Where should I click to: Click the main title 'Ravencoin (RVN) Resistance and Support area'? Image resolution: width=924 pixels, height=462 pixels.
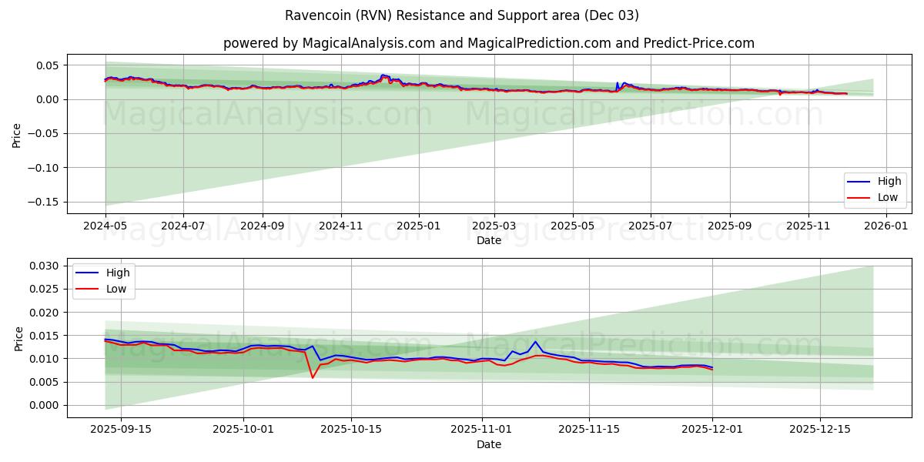(462, 15)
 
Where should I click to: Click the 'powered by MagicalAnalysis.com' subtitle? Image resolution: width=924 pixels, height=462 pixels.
(488, 43)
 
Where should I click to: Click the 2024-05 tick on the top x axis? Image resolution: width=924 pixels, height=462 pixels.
(105, 226)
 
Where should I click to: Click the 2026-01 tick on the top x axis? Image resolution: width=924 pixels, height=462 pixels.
(887, 226)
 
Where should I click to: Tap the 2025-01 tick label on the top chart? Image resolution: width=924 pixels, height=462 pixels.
(419, 226)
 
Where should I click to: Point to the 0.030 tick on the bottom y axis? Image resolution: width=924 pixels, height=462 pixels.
(44, 266)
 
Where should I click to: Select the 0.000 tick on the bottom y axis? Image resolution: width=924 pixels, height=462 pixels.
(44, 405)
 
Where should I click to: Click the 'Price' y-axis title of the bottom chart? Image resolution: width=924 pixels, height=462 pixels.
(18, 338)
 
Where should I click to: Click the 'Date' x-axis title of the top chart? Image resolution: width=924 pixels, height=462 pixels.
(488, 240)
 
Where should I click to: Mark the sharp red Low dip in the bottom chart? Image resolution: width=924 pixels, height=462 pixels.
(312, 377)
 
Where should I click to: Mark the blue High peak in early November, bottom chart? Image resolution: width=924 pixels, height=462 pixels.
(535, 342)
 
